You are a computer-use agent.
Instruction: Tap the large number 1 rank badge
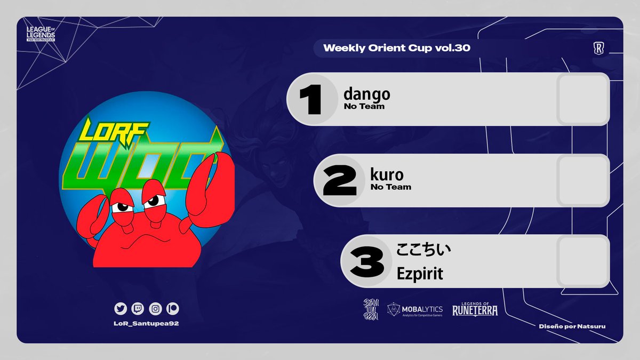tap(311, 100)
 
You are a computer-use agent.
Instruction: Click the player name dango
tap(367, 94)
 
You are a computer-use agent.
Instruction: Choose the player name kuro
tap(387, 175)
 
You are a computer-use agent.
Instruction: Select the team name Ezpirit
tap(420, 274)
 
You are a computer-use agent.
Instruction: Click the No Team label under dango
tap(364, 107)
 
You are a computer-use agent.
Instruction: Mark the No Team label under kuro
tap(391, 187)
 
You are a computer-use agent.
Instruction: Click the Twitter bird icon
tap(120, 308)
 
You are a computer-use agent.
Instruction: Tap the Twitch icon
tap(137, 308)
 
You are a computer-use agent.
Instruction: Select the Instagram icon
tap(155, 308)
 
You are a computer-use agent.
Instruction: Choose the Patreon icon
tap(173, 308)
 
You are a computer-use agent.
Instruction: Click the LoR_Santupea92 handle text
tap(146, 324)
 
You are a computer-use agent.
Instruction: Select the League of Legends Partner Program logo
tap(43, 35)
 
